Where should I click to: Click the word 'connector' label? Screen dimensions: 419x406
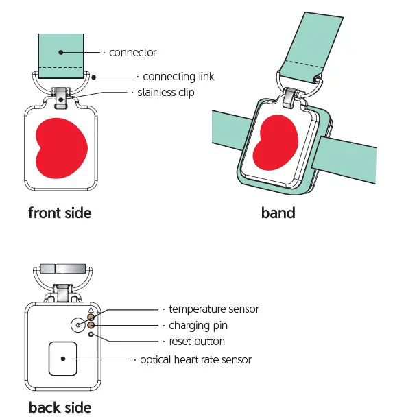pyautogui.click(x=133, y=53)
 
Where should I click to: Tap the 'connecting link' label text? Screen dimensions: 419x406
pyautogui.click(x=179, y=77)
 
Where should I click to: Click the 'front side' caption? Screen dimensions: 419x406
pyautogui.click(x=60, y=213)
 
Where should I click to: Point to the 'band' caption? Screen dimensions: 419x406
pyautogui.click(x=278, y=213)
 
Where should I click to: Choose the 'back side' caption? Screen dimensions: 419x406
pyautogui.click(x=60, y=407)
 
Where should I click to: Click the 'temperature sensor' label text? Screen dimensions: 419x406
pyautogui.click(x=214, y=309)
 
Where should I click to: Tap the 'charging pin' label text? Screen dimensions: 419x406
pyautogui.click(x=198, y=325)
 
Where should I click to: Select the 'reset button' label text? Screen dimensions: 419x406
pyautogui.click(x=197, y=341)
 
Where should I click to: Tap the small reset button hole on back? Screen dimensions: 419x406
pyautogui.click(x=91, y=334)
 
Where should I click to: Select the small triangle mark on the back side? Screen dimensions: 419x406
pyautogui.click(x=90, y=309)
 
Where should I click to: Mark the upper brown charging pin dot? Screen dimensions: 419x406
pyautogui.click(x=91, y=318)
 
